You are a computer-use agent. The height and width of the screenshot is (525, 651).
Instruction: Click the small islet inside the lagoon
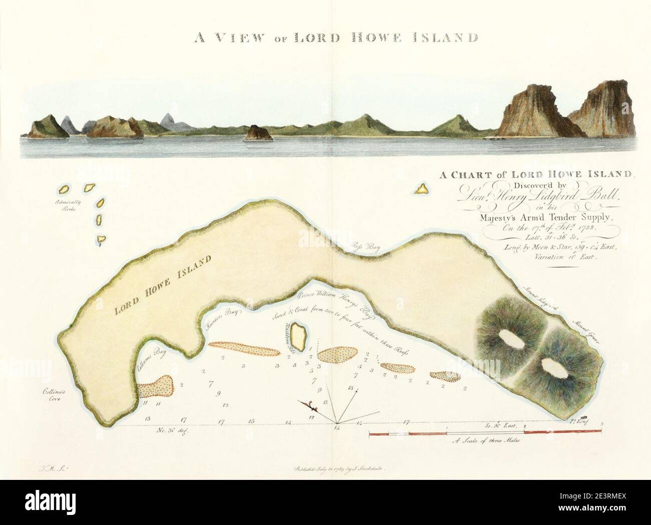pyautogui.click(x=299, y=338)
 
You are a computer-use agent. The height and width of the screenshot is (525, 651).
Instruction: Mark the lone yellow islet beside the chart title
pyautogui.click(x=422, y=189)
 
